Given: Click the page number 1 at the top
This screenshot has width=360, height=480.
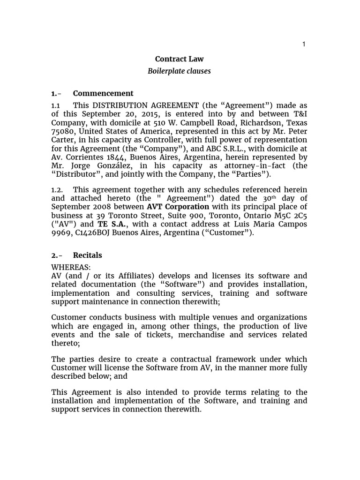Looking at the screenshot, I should tap(304, 44).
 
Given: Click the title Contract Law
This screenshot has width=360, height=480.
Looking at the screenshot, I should tap(180, 59).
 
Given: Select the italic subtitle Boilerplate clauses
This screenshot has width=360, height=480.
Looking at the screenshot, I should tap(180, 71).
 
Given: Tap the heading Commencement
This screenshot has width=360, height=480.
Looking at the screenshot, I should tap(103, 93).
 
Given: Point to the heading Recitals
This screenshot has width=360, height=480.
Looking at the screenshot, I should tap(88, 255).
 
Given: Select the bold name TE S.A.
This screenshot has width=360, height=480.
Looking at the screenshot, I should tap(112, 224).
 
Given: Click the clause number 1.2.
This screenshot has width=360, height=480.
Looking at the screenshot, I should tap(58, 189).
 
